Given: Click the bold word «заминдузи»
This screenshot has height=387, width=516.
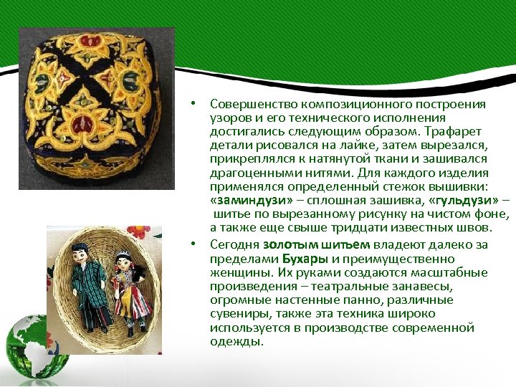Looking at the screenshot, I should pos(243,202).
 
